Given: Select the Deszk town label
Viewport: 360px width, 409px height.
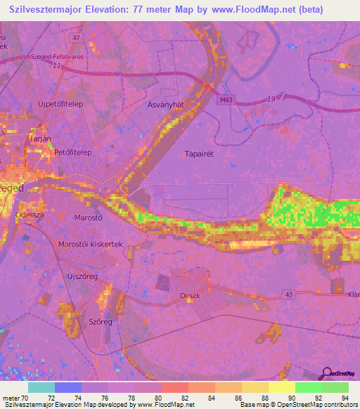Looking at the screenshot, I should click(191, 296).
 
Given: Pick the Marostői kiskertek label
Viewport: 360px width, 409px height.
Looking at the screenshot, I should click(90, 244).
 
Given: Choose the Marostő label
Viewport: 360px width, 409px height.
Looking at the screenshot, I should click(89, 218).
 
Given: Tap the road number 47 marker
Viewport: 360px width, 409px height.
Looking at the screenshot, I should click(76, 37).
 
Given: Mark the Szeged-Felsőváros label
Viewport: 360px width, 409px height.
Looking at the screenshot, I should click(50, 57).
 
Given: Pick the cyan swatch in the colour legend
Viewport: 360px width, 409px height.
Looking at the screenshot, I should click(41, 387).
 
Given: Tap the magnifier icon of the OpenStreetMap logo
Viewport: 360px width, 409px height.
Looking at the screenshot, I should click(327, 373).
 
